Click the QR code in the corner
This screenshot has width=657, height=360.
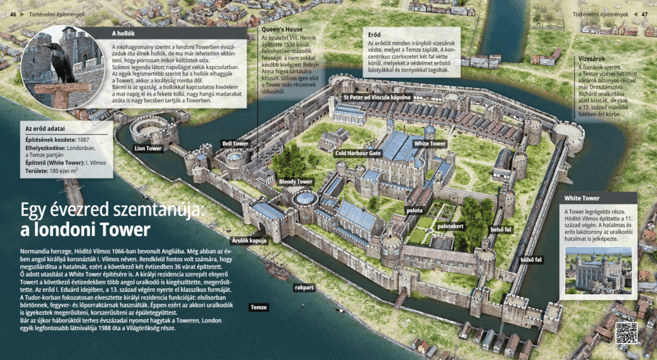626,333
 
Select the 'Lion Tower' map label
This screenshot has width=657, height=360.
148,148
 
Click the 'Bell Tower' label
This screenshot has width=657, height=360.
235,144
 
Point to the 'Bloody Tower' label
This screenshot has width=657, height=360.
295,182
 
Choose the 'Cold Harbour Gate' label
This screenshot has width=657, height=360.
358,153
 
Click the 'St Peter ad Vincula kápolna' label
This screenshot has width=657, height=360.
377,97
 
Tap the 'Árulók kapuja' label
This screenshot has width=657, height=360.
249,241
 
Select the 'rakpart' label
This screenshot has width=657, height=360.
304,288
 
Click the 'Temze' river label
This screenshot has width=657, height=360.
259,307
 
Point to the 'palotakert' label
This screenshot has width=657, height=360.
450,226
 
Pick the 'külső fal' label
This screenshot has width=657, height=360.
531,260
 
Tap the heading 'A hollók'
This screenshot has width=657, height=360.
123,33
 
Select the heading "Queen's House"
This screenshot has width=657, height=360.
282,30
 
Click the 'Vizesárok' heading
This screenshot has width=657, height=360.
592,59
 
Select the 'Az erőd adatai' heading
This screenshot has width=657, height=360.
45,128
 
